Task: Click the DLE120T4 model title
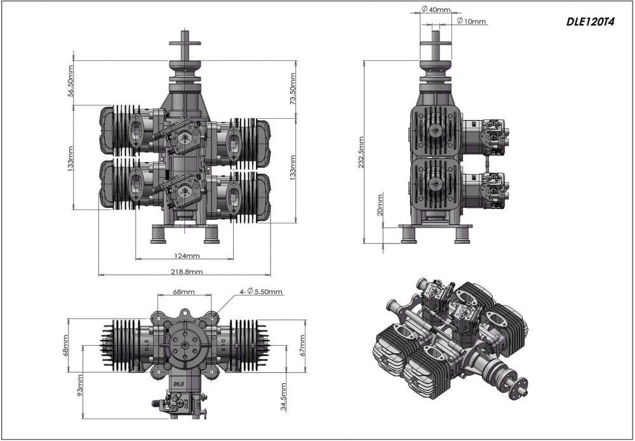coord(590,22)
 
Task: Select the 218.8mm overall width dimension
coord(188,271)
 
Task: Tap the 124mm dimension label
coord(187,255)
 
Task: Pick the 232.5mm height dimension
coord(361,152)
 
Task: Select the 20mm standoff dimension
coord(380,205)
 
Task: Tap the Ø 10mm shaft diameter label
coord(471,21)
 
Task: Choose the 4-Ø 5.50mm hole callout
coord(260,291)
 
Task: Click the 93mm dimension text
coord(79,385)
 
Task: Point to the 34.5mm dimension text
coord(283,397)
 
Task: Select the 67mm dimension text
coord(302,345)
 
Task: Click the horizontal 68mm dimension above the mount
coord(184,292)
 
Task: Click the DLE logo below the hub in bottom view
coord(178,383)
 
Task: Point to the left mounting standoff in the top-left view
coord(158,234)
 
